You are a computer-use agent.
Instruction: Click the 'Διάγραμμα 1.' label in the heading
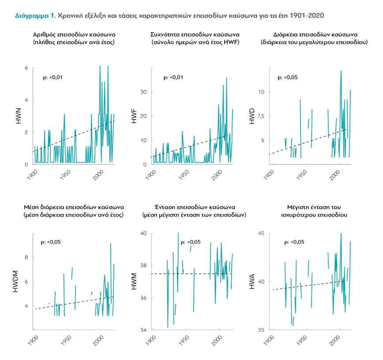point(35,15)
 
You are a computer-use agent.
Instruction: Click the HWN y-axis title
point(19,116)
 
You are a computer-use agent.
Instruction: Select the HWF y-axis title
point(134,116)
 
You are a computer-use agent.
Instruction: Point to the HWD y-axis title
point(252,116)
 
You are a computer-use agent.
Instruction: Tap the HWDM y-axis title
point(15,281)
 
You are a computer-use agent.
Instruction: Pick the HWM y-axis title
point(134,281)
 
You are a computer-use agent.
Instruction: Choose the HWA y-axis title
point(252,281)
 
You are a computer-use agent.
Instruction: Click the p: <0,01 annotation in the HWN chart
point(53,78)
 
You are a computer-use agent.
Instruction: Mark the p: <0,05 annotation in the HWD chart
point(288,78)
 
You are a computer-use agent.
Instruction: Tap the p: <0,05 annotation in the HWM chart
point(191,242)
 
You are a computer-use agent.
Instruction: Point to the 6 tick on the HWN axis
point(26,68)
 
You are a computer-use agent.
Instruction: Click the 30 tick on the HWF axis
point(143,92)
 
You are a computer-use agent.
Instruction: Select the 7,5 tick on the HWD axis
point(261,116)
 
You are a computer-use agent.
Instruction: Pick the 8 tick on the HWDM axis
point(26,257)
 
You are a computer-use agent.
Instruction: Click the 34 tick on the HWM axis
point(143,330)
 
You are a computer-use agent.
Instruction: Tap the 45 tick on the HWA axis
point(261,233)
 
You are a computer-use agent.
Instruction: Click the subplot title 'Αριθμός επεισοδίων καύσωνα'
point(74,35)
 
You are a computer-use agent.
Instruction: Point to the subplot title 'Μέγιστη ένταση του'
point(314,207)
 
